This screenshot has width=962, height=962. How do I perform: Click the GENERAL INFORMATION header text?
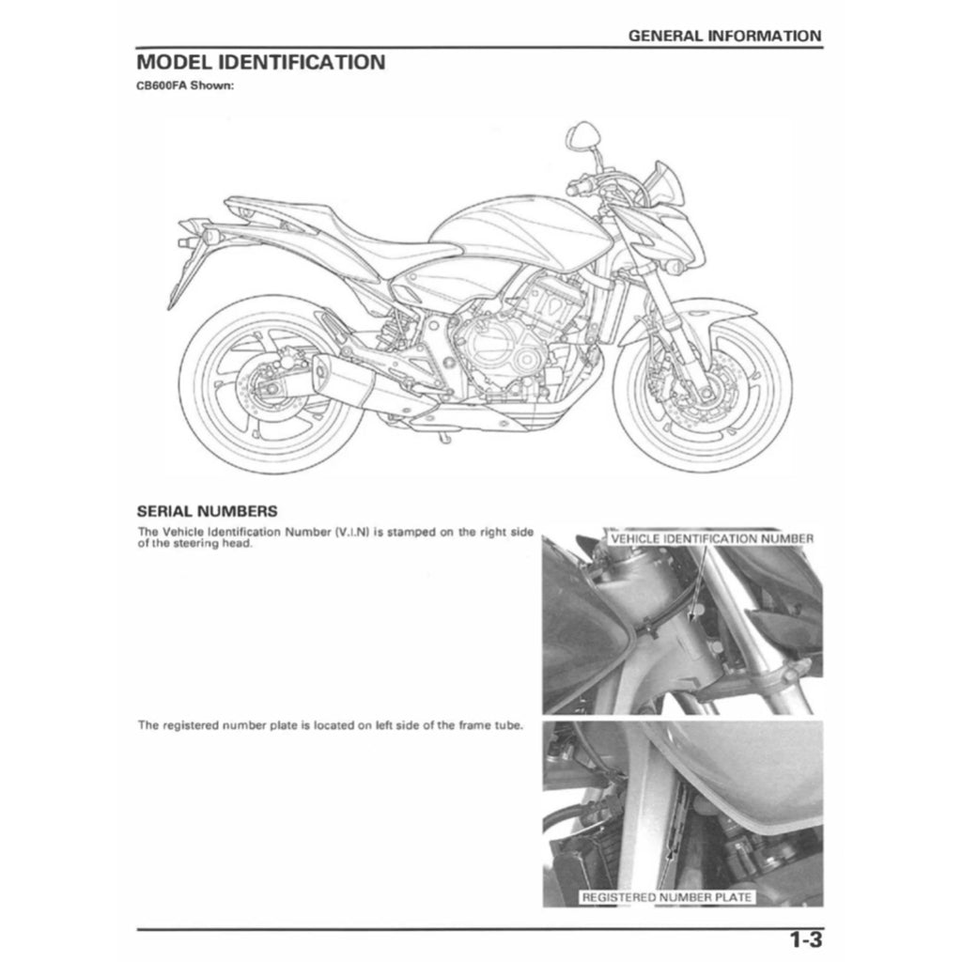point(724,36)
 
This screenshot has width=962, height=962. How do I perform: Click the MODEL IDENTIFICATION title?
point(260,63)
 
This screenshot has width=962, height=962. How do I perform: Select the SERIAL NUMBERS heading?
point(207,512)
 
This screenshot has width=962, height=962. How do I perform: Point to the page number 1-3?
point(805,939)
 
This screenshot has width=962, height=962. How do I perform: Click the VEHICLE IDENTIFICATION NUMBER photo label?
point(711,539)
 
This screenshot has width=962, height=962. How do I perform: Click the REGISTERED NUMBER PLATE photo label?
point(667,897)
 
